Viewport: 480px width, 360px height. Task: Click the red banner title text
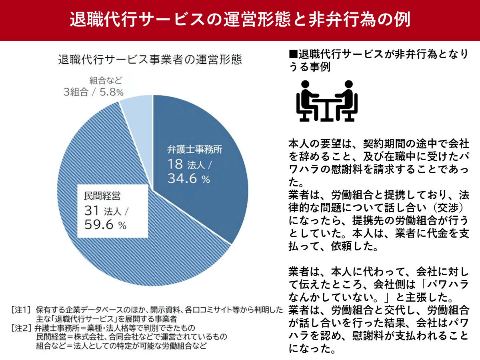[x=240, y=20]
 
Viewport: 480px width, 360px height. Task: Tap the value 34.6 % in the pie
[x=188, y=179]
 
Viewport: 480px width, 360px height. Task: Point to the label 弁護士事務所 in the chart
[x=194, y=150]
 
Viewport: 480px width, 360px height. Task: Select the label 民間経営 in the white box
[x=102, y=196]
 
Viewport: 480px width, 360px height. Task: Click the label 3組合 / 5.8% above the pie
[x=94, y=92]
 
